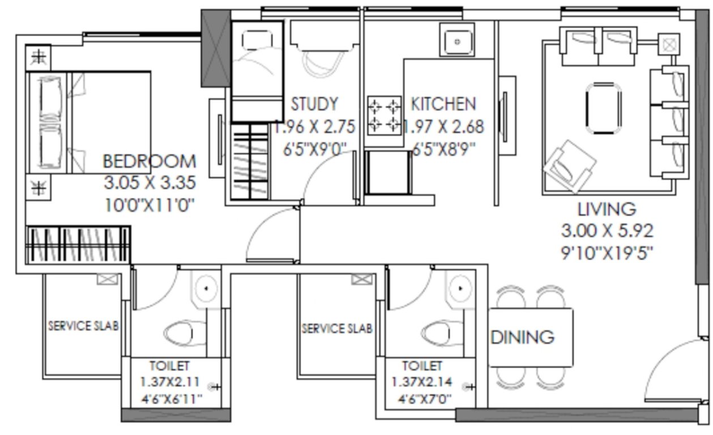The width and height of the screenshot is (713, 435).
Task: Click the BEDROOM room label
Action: (x=150, y=161)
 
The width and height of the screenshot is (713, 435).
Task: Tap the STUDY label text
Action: (x=314, y=104)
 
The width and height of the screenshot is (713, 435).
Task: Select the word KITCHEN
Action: (x=443, y=104)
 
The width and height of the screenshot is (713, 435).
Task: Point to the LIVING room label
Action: (x=607, y=209)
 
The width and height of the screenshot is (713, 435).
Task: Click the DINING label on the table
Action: (x=522, y=337)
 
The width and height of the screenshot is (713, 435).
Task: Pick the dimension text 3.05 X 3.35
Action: (x=150, y=183)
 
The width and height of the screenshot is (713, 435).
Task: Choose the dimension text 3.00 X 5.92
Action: (x=607, y=231)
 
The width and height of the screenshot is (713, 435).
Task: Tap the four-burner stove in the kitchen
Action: (x=384, y=115)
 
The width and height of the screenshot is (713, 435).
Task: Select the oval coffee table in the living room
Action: (x=604, y=108)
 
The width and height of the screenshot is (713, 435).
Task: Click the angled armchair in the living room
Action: (x=569, y=166)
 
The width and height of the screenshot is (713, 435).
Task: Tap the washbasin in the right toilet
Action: (x=460, y=289)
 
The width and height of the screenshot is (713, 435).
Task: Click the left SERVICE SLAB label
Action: (x=83, y=326)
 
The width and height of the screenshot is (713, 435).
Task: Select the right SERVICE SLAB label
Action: (x=337, y=329)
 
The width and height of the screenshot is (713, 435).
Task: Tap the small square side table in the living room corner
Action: (x=669, y=44)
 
